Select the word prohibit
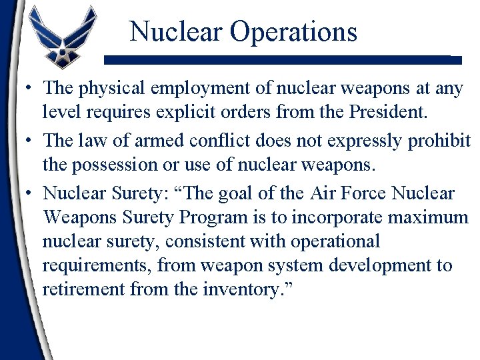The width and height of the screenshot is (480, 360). tap(443, 141)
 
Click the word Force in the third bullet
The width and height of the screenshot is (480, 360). tap(364, 194)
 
